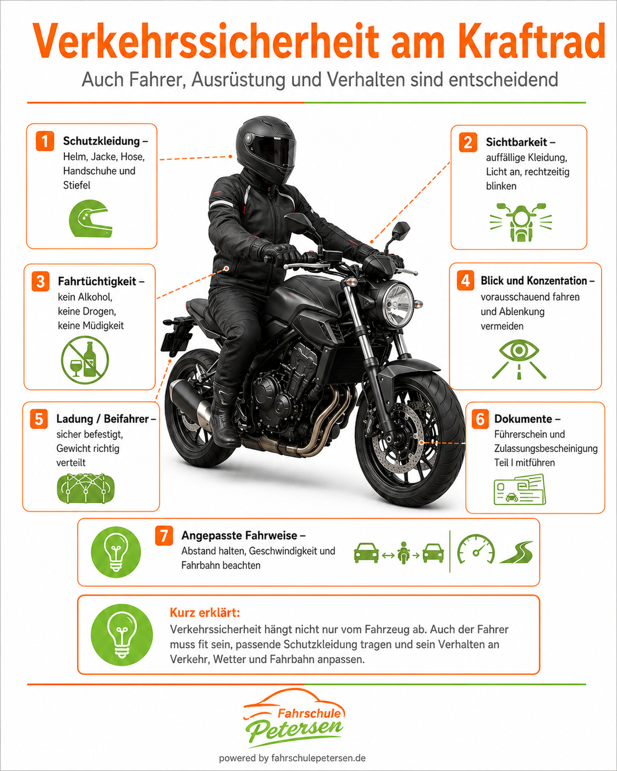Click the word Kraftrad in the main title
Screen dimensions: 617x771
pos(531,42)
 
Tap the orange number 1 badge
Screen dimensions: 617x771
pos(45,141)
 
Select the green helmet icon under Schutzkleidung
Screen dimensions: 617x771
pos(90,218)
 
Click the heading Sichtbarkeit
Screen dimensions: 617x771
pos(516,142)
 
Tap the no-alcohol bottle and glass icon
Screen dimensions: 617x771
pos(85,360)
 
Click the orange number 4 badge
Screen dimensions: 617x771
pos(465,280)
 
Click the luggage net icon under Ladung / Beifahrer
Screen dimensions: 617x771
pos(86,488)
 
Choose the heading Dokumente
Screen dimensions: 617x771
pos(523,419)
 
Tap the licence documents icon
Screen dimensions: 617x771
pos(520,489)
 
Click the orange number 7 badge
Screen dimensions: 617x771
pos(164,536)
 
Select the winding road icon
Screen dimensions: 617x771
pos(516,552)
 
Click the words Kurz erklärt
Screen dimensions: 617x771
pos(205,613)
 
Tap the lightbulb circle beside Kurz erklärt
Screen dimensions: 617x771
pos(122,635)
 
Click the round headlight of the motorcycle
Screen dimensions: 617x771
pos(397,305)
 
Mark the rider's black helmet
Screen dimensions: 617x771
pos(266,149)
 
